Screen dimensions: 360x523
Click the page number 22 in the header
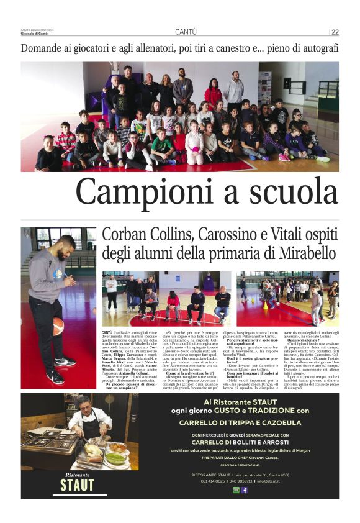pyautogui.click(x=335, y=32)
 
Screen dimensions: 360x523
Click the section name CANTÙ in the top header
pyautogui.click(x=186, y=32)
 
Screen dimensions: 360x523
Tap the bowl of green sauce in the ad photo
pyautogui.click(x=115, y=459)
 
